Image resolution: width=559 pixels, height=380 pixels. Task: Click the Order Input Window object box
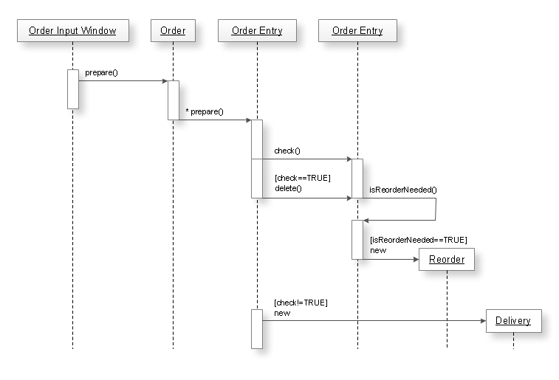point(72,31)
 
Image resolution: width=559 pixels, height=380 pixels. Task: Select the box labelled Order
point(173,31)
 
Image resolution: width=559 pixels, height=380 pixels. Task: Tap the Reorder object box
point(447,260)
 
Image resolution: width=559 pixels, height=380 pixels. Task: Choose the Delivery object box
point(512,321)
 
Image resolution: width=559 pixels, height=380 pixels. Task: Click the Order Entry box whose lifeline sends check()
point(256,31)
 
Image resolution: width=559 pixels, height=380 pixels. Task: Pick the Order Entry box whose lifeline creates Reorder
point(357,31)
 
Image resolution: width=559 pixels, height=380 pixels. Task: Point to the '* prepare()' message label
point(205,112)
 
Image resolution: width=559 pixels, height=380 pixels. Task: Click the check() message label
point(287,151)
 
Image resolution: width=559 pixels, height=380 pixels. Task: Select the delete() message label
point(288,189)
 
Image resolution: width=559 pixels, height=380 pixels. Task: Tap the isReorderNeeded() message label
point(402,190)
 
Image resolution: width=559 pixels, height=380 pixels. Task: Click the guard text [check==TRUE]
point(302,179)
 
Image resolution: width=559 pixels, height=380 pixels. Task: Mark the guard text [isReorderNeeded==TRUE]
point(418,240)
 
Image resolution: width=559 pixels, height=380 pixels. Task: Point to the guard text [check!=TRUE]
point(301,303)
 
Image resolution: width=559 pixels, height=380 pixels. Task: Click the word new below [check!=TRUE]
point(282,313)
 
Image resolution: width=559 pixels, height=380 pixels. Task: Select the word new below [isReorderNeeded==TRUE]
point(378,250)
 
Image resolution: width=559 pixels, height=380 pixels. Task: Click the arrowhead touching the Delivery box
point(482,320)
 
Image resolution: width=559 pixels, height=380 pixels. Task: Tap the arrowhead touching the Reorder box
point(415,259)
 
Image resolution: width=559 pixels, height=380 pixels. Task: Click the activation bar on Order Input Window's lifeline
point(72,89)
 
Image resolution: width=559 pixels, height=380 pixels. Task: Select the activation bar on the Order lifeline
point(173,100)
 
